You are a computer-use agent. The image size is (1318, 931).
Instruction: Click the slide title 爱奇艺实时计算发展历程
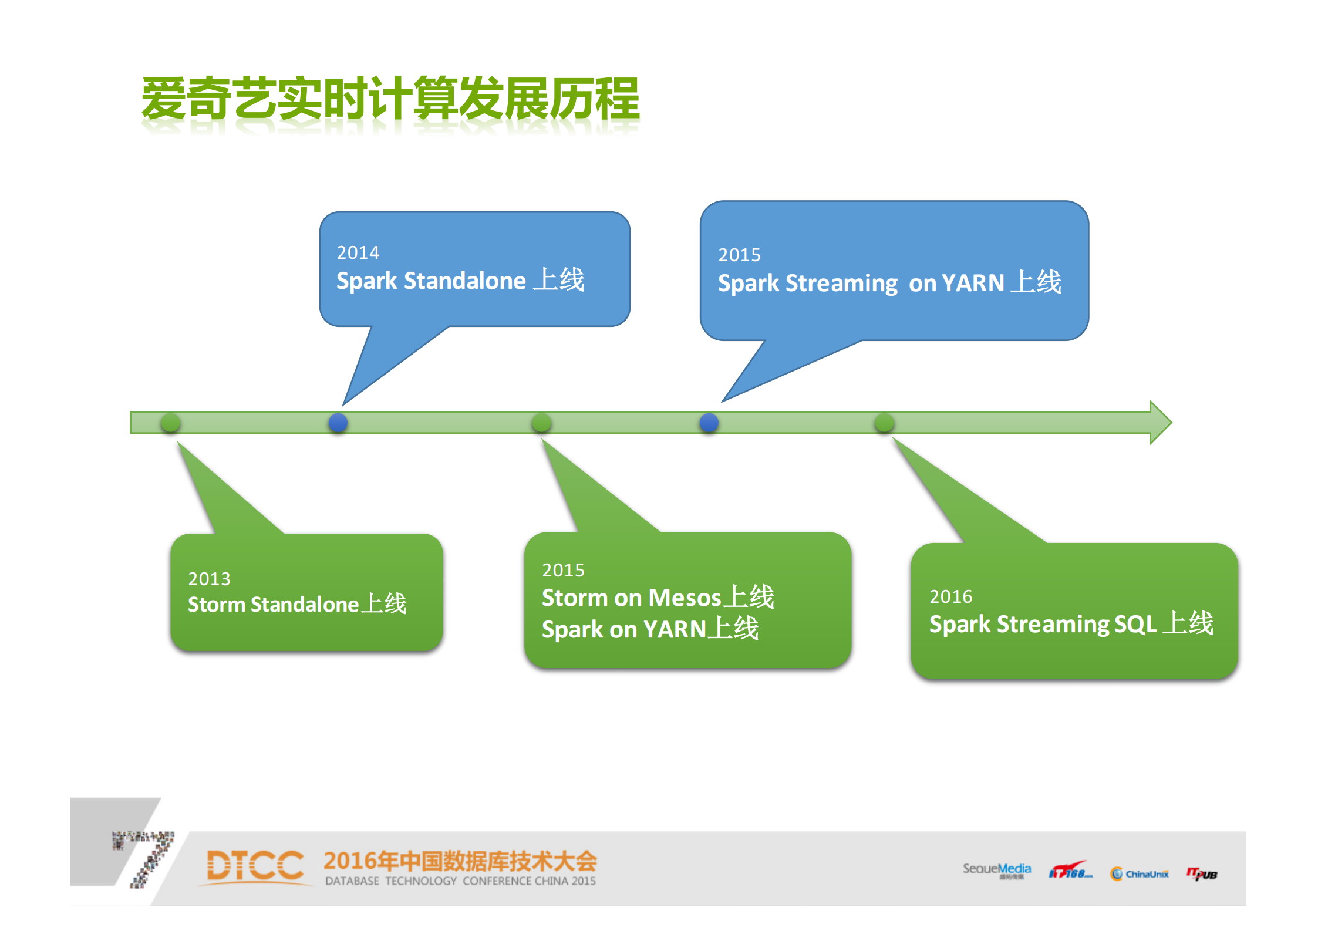390,99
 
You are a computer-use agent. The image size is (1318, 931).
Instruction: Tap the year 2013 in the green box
209,579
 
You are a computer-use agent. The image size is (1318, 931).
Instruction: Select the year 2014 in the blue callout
358,252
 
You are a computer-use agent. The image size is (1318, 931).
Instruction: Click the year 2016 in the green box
950,596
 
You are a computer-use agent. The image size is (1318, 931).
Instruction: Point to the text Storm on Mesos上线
658,598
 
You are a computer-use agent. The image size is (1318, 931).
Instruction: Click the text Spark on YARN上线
650,629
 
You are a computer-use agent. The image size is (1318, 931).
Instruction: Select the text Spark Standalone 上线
460,280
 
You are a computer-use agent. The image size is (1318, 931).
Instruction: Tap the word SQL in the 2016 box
1135,623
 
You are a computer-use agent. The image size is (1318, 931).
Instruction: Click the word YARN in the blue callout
973,283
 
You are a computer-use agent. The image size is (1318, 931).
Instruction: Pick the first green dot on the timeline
170,423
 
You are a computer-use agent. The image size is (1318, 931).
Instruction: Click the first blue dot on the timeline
338,423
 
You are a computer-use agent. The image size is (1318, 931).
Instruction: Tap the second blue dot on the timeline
709,423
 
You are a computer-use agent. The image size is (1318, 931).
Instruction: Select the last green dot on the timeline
884,423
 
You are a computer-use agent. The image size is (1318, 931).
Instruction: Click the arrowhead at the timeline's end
1160,423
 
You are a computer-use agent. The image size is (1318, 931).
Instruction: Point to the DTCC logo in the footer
255,866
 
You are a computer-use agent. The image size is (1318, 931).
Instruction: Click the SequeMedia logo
996,870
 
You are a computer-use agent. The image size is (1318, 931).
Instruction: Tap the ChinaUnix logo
1140,874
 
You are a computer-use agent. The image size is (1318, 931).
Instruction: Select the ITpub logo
1202,874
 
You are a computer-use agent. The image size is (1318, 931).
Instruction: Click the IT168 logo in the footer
1070,872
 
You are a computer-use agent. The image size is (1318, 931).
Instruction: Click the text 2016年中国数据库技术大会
460,861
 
